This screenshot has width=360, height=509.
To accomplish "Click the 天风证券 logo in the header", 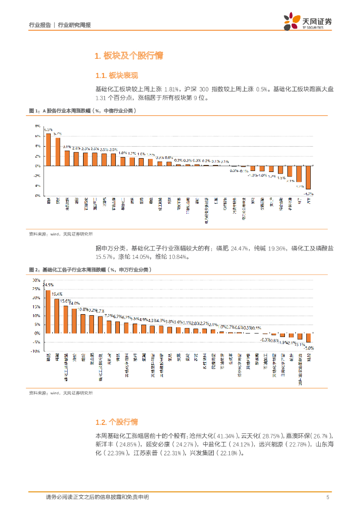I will click(308, 22).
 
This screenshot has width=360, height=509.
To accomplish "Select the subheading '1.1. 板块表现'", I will click(116, 76).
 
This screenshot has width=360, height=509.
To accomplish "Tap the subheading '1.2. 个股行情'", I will click(116, 422).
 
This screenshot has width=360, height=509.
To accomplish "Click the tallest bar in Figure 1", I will click(48, 150).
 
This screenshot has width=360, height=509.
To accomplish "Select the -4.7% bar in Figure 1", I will click(308, 177).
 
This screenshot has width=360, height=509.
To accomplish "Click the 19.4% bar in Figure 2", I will click(57, 316).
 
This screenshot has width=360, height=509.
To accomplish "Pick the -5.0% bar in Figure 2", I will click(308, 338).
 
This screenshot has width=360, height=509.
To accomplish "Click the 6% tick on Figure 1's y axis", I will click(38, 136).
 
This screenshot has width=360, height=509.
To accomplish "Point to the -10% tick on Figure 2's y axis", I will click(35, 351).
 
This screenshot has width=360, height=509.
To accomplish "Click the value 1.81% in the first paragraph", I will click(170, 88).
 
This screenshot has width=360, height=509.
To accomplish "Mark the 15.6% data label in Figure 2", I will click(65, 301).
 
